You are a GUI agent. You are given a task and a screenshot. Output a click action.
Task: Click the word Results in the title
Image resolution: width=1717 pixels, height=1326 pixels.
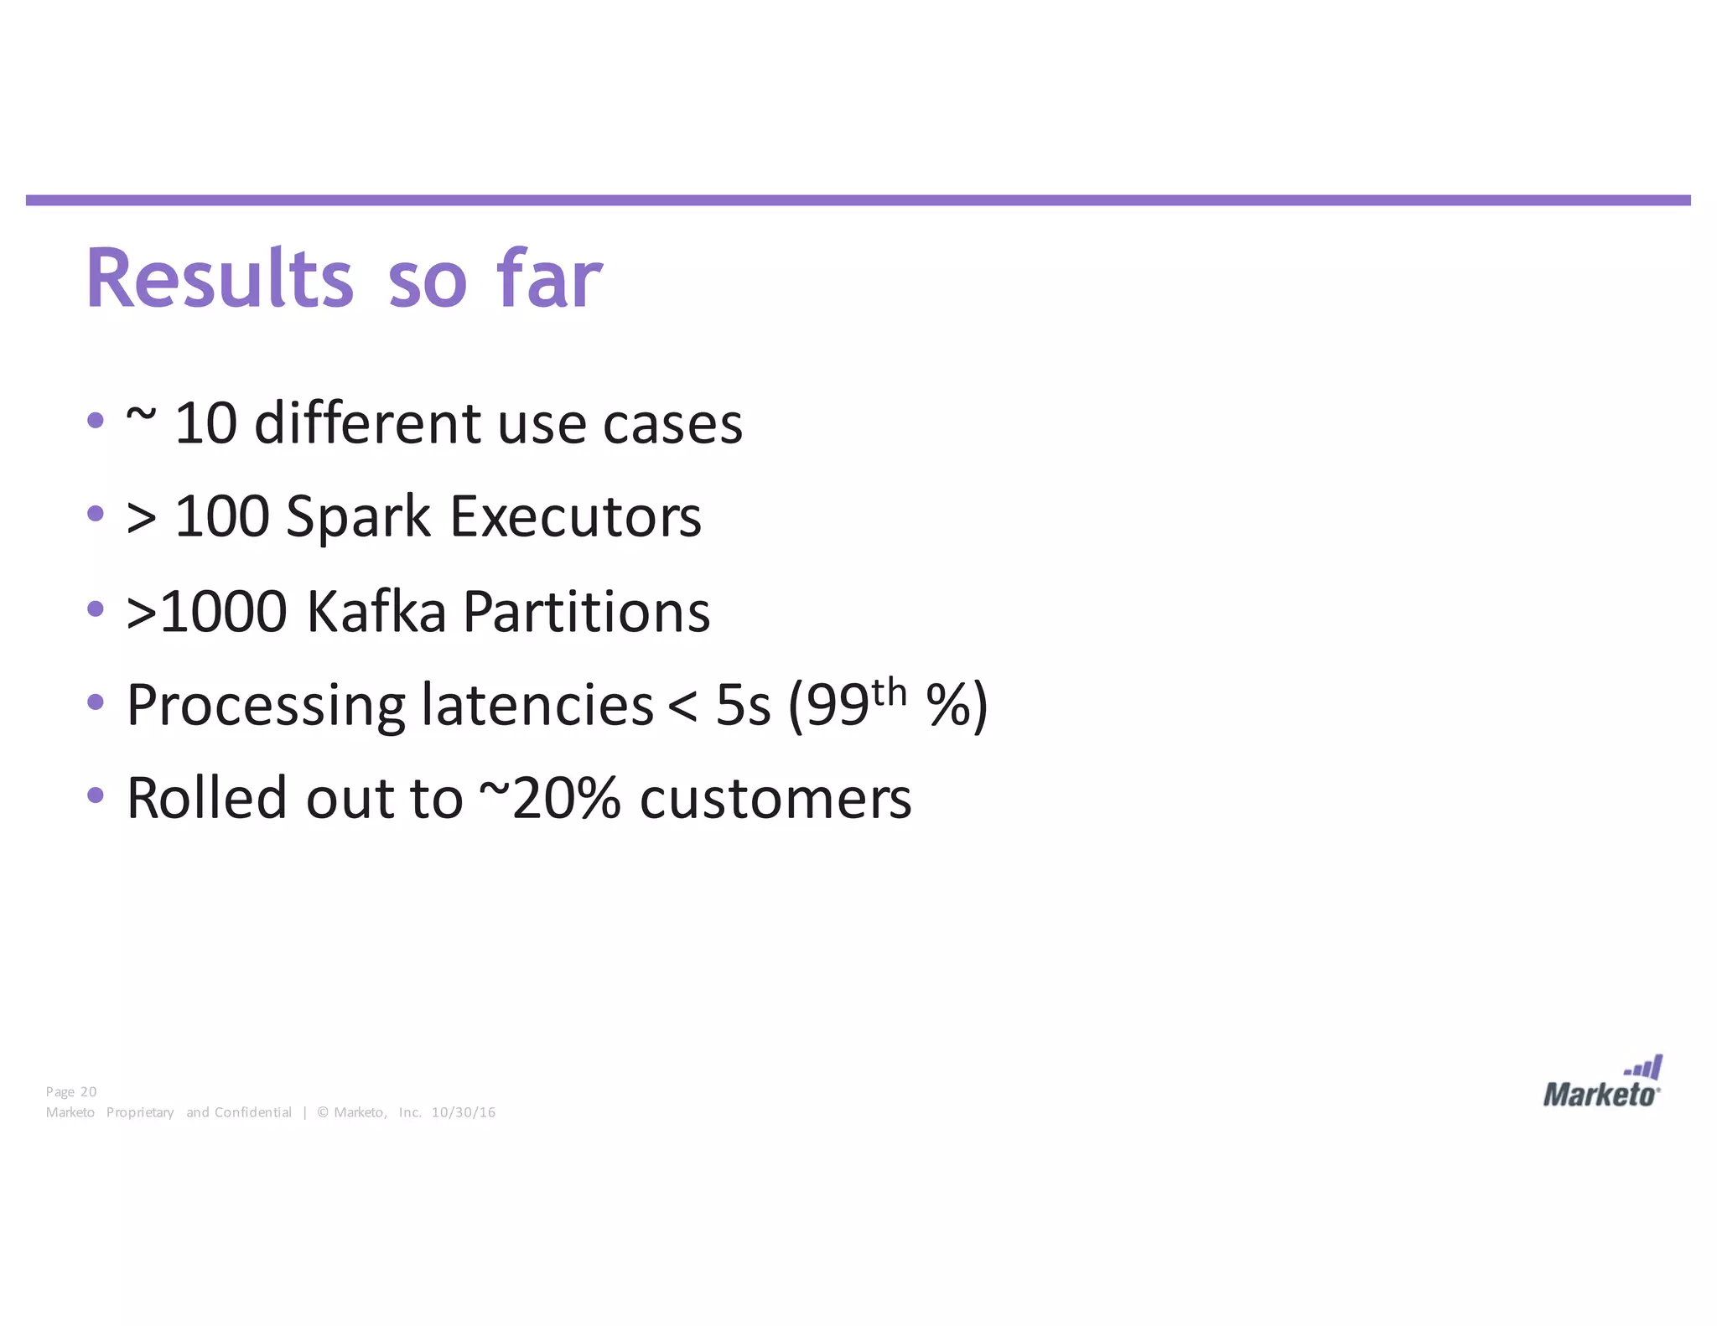tap(220, 279)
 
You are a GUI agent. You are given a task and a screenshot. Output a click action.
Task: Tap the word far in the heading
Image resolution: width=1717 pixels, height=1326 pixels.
tap(549, 279)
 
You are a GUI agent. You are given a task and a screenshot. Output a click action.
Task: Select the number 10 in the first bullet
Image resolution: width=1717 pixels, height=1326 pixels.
tap(205, 423)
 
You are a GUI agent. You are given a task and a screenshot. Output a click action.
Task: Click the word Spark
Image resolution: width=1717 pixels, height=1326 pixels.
tap(358, 517)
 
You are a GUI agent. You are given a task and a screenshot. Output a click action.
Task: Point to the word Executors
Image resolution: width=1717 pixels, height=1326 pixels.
tap(575, 517)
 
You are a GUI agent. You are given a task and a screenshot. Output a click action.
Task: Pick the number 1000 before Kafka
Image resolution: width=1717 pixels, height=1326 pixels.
tap(223, 612)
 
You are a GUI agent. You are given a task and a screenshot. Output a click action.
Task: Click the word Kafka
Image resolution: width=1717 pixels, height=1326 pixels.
tap(376, 612)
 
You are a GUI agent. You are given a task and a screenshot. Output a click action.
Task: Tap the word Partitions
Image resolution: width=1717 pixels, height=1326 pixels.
tap(586, 612)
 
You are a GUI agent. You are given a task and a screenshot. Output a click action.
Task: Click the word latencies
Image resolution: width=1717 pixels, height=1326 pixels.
tap(537, 705)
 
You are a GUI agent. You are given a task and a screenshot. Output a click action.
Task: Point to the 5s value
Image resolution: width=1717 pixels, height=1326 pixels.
tap(743, 706)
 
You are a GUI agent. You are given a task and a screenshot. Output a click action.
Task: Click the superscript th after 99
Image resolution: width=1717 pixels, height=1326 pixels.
tap(889, 693)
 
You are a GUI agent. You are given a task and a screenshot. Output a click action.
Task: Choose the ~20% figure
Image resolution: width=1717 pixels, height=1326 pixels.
tap(549, 799)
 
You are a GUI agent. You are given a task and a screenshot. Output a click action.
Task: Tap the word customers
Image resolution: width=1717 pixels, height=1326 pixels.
tap(776, 799)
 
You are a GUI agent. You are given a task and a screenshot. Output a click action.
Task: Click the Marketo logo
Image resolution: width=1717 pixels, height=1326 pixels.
tap(1601, 1083)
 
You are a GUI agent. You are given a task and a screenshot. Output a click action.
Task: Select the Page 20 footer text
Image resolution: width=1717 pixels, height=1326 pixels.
tap(71, 1091)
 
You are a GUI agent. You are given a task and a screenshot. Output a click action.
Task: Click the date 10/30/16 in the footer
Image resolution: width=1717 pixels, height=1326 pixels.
tap(464, 1112)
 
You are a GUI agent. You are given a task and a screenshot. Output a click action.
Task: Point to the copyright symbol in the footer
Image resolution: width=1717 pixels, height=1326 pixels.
tap(323, 1112)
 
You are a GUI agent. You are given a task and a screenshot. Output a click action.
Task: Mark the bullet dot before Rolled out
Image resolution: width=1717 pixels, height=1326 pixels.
tap(96, 794)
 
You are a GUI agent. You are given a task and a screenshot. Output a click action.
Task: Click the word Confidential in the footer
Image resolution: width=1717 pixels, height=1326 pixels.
tap(253, 1112)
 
